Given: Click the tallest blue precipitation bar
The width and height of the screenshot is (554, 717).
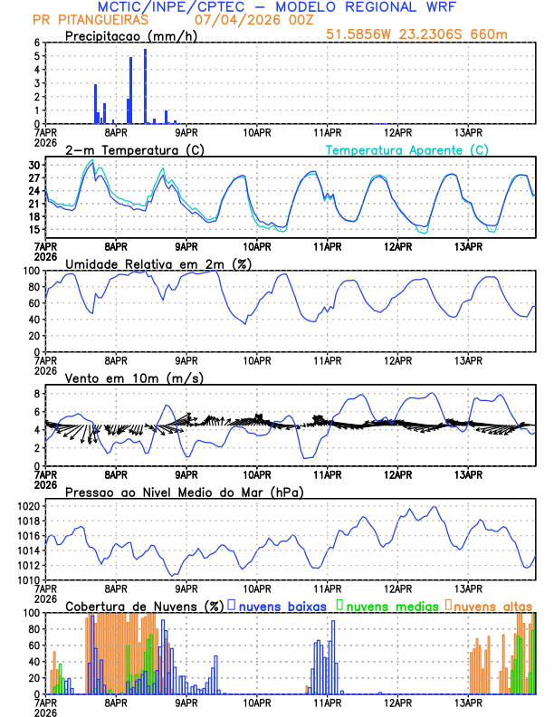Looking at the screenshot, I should (x=145, y=87).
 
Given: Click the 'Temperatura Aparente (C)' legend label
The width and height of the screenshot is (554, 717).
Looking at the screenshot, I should (x=407, y=149).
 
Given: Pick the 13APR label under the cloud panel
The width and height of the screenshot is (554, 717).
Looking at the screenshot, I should (x=467, y=702).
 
